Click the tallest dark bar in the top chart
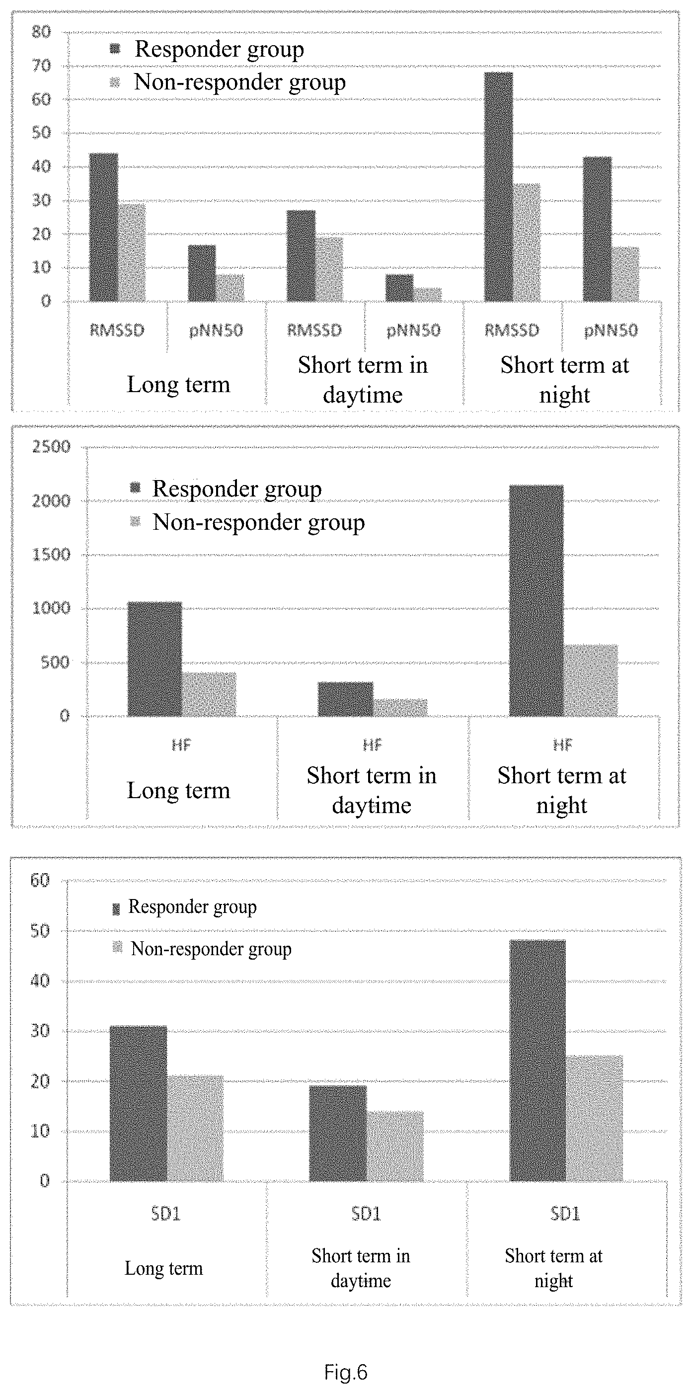tap(498, 187)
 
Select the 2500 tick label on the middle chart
tap(51, 447)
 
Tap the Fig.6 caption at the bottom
tap(346, 1372)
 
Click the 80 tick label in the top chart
tap(41, 32)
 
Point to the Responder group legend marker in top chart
tap(115, 49)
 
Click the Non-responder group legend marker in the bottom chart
tap(117, 947)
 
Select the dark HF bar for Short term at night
tap(536, 601)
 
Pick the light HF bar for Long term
tap(209, 694)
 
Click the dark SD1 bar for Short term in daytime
tap(338, 1133)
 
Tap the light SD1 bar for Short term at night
tap(594, 1118)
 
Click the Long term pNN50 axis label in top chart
tap(216, 330)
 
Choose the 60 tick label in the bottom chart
tap(40, 881)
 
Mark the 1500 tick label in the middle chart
tap(51, 555)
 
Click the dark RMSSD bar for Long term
tap(103, 227)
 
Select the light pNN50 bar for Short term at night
tap(625, 274)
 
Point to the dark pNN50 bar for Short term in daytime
tap(399, 288)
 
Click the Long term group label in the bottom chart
tap(164, 1268)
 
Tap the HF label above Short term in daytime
tap(372, 745)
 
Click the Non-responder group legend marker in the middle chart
tap(135, 522)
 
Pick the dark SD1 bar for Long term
tap(139, 1103)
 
